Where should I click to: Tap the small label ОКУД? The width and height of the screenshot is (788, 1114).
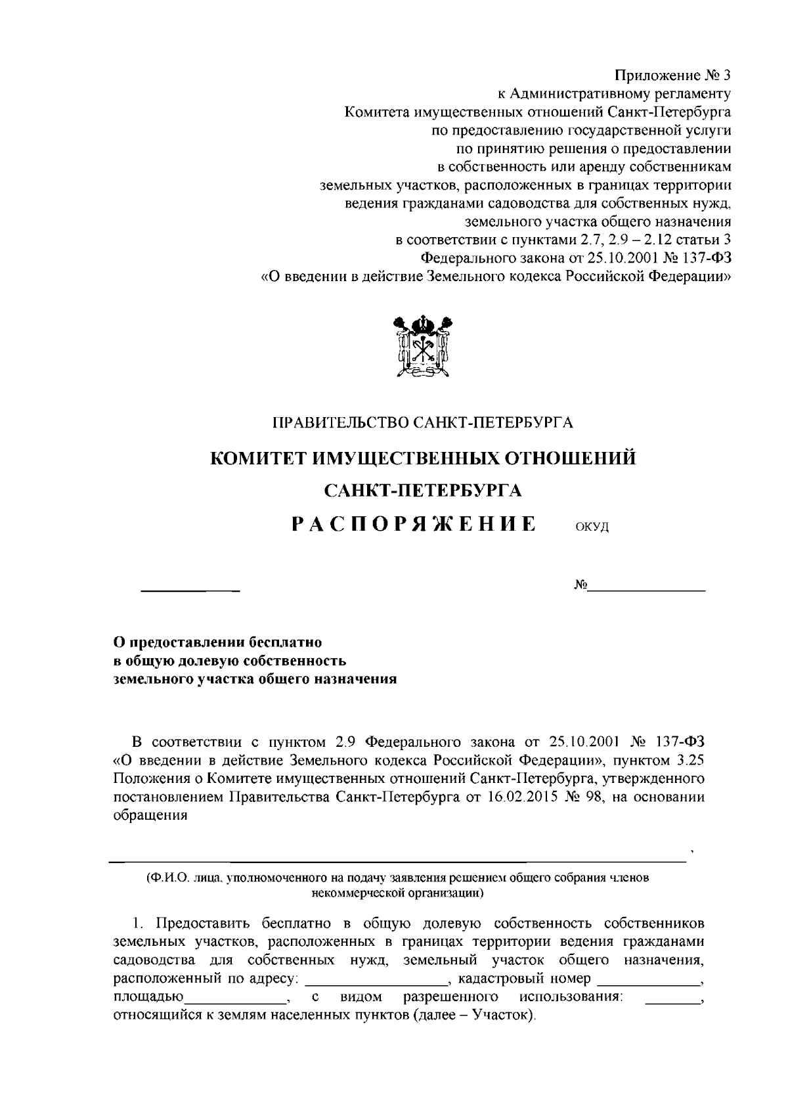tap(592, 527)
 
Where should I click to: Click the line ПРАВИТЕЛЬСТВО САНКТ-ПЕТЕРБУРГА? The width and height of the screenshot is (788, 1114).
tap(423, 422)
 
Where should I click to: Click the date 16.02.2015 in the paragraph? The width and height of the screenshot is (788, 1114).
tap(514, 797)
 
